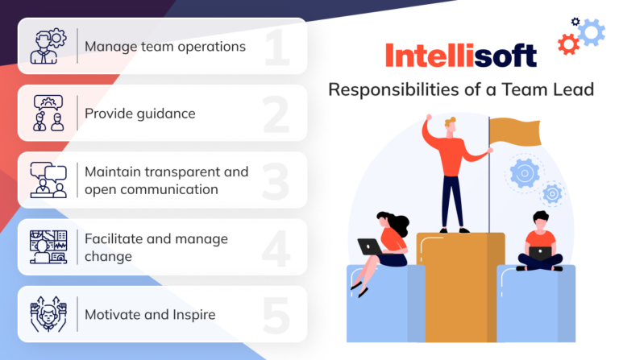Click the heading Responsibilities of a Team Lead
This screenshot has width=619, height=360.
[460, 89]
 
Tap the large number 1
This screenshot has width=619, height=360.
[276, 48]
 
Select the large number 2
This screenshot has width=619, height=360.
[276, 115]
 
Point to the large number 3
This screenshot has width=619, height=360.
[276, 182]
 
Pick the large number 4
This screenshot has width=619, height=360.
[276, 249]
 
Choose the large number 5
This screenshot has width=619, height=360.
[276, 316]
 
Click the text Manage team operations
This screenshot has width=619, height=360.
[165, 47]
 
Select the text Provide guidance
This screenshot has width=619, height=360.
[140, 114]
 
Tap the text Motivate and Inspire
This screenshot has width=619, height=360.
[150, 314]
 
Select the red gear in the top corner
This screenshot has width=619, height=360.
[567, 45]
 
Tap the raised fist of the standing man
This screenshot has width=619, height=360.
[428, 123]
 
